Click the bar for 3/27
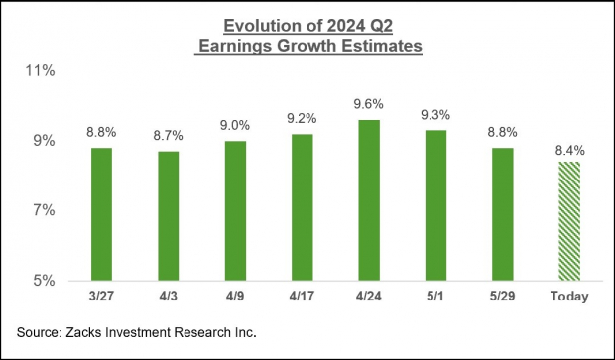101,213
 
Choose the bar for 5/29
502,213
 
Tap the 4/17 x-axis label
301,297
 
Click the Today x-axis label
568,297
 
